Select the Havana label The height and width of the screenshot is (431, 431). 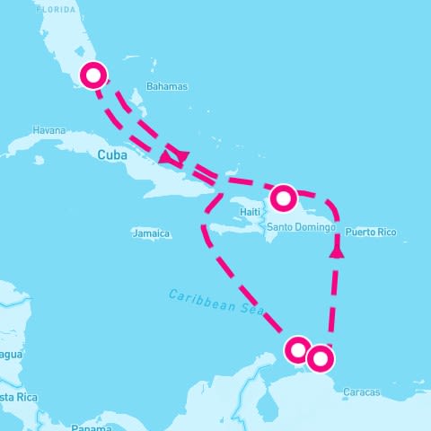click(48, 130)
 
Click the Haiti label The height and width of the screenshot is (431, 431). click(250, 212)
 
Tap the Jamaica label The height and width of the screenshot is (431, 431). click(150, 233)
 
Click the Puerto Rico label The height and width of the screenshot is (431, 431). click(370, 232)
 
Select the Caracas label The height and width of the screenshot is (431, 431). click(361, 392)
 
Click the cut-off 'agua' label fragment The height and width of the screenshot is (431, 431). click(10, 355)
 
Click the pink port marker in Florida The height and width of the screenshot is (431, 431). click(93, 75)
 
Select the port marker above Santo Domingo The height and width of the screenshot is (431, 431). click(283, 197)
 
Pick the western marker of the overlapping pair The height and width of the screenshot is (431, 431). click(298, 349)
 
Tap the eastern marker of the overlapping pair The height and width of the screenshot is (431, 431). click(320, 359)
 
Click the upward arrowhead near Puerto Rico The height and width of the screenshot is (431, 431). click(337, 252)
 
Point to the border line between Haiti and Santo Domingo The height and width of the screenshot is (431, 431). click(265, 215)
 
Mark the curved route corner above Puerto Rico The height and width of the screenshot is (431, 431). click(332, 205)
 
